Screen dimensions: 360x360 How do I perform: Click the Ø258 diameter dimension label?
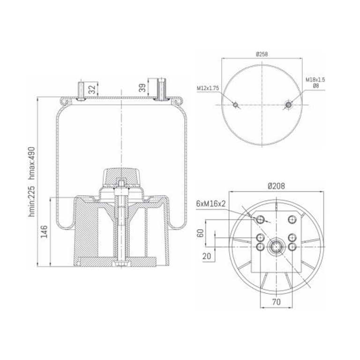click(262, 54)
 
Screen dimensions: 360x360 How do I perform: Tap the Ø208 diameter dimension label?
click(276, 186)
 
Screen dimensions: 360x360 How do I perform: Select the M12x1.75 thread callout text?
click(208, 88)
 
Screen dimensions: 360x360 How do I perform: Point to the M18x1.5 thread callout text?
click(315, 80)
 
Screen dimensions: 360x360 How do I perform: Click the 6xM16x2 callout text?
click(211, 203)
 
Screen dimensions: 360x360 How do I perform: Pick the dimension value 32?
click(92, 90)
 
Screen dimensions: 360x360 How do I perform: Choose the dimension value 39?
click(142, 88)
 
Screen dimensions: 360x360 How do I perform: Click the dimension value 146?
click(44, 232)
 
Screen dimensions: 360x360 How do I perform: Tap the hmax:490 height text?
click(31, 163)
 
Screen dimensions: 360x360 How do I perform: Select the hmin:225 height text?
click(31, 202)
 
